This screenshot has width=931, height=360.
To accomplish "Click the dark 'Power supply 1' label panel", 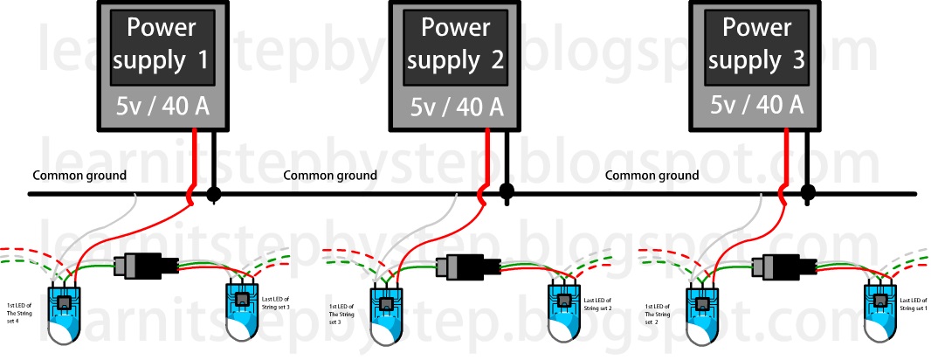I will (x=162, y=45).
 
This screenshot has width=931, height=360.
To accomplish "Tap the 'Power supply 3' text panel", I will (x=757, y=45).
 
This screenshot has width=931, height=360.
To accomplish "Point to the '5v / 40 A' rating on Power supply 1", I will (x=162, y=108).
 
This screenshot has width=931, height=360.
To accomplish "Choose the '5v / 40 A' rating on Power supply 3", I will (x=757, y=105).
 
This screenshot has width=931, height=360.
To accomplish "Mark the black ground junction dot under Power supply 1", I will (x=212, y=193).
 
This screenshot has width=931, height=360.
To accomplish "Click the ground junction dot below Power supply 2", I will (x=506, y=192).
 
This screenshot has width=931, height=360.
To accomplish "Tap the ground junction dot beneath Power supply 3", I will (x=808, y=192).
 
